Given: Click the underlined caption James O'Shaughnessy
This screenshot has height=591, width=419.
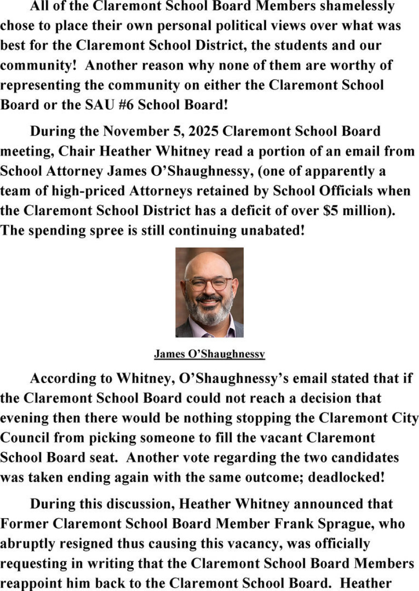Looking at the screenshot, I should [x=209, y=354].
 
